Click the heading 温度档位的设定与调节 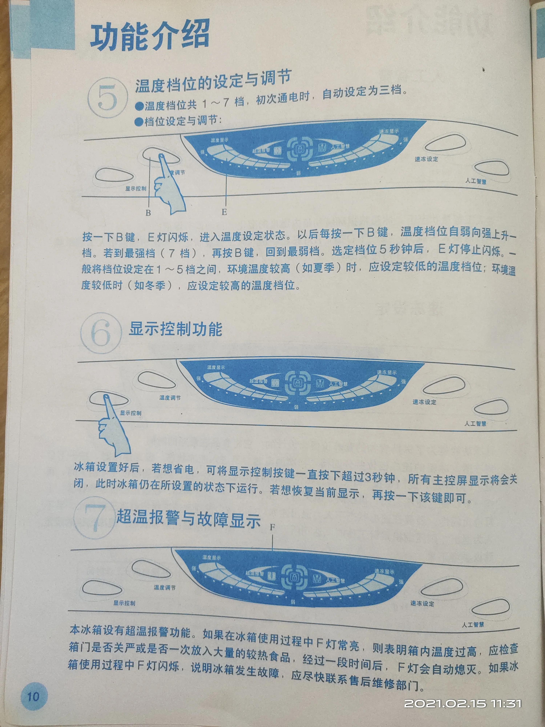(x=213, y=81)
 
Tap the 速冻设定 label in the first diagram (x=426, y=159)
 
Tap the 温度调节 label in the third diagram (x=165, y=587)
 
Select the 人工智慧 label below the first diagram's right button (x=476, y=181)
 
